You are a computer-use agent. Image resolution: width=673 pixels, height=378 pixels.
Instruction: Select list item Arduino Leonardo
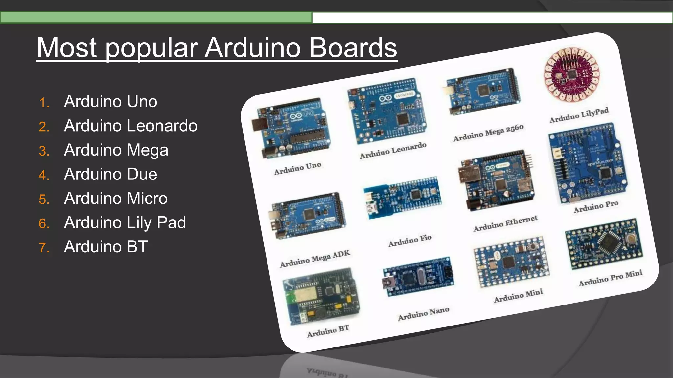pyautogui.click(x=130, y=126)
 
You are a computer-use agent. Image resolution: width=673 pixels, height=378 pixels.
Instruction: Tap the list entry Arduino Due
pyautogui.click(x=110, y=174)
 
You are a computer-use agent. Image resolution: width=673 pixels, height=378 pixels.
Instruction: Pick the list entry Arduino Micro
pyautogui.click(x=116, y=198)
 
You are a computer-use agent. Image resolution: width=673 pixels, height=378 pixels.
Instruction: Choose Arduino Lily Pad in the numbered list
pyautogui.click(x=125, y=222)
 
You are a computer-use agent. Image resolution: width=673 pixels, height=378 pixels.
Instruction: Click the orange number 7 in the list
pyautogui.click(x=44, y=247)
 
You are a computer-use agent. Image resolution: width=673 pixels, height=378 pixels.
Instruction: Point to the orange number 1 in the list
pyautogui.click(x=44, y=102)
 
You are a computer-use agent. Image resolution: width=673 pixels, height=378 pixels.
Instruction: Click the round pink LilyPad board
pyautogui.click(x=571, y=74)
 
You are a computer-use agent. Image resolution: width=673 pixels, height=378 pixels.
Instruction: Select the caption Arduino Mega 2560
pyautogui.click(x=488, y=133)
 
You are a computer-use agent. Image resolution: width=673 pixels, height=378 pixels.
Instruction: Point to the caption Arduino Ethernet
pyautogui.click(x=505, y=223)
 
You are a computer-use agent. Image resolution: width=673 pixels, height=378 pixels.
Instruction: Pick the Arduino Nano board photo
pyautogui.click(x=418, y=278)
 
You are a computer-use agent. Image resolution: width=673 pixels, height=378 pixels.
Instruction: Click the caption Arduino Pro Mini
pyautogui.click(x=610, y=278)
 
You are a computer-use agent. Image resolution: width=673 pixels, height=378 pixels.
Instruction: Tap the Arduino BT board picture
pyautogui.click(x=321, y=297)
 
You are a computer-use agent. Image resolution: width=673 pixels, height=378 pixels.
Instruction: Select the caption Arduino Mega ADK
pyautogui.click(x=315, y=259)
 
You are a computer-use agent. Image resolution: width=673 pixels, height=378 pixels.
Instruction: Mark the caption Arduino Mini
pyautogui.click(x=518, y=296)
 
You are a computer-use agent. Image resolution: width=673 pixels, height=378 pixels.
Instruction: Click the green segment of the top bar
pyautogui.click(x=156, y=17)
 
